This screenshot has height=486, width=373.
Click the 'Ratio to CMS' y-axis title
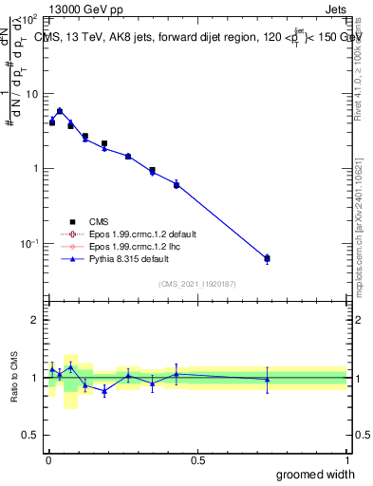point(12,377)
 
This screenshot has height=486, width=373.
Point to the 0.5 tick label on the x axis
point(197,459)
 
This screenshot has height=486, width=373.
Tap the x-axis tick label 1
point(346,459)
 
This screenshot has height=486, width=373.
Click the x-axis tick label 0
point(48,459)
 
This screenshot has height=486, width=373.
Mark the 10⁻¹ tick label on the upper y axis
point(28,244)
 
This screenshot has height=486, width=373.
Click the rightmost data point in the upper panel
point(267,258)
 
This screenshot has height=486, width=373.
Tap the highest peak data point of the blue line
point(60,111)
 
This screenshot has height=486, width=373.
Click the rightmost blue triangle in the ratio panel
point(267,380)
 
